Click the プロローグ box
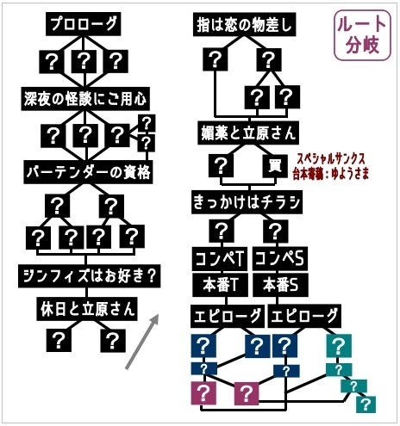pyautogui.click(x=84, y=25)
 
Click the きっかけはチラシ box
pyautogui.click(x=246, y=202)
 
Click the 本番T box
pyautogui.click(x=222, y=283)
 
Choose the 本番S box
pyautogui.click(x=278, y=283)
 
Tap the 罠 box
pyautogui.click(x=275, y=164)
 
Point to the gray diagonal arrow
pyautogui.click(x=143, y=342)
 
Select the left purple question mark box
pyautogui.click(x=205, y=394)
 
